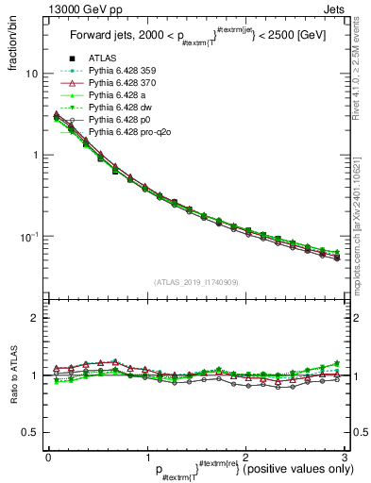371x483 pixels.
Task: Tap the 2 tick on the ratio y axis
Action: pos(36,319)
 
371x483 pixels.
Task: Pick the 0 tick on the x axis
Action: pos(48,456)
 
